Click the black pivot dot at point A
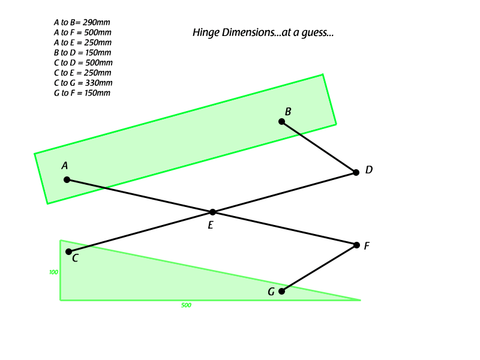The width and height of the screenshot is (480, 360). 67,179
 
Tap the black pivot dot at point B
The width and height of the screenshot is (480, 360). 281,122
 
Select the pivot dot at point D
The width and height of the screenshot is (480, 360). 356,172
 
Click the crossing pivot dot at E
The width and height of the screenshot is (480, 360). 213,212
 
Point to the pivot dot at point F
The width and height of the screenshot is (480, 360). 356,245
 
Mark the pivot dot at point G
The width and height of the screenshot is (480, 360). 281,291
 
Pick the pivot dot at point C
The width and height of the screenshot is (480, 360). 69,251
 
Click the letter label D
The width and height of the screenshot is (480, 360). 369,170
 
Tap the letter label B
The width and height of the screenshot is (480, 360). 288,112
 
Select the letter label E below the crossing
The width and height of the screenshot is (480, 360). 211,226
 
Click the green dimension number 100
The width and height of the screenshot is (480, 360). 53,272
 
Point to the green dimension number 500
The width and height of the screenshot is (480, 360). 186,305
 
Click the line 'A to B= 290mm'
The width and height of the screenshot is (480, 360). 82,22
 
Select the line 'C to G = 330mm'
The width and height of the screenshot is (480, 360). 83,83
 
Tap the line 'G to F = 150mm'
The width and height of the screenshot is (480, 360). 82,93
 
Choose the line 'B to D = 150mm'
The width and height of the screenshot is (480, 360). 82,53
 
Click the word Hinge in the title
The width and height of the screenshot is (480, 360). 206,33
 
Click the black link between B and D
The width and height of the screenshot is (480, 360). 319,147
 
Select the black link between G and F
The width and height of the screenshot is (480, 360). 319,268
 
